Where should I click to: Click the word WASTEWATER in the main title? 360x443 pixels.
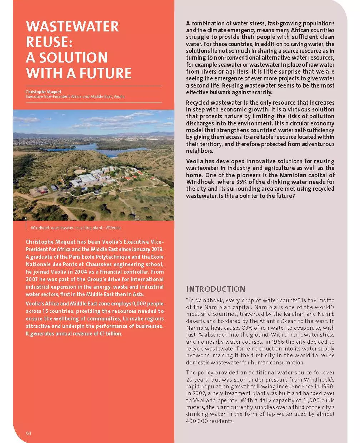click(x=72, y=27)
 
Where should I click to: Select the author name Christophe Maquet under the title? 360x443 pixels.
click(x=43, y=92)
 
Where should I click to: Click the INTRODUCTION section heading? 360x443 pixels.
click(x=216, y=289)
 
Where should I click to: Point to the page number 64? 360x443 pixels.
click(x=29, y=433)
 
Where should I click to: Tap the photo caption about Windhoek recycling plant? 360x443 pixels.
click(x=76, y=228)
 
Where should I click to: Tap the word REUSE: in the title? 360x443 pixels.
click(x=49, y=42)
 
